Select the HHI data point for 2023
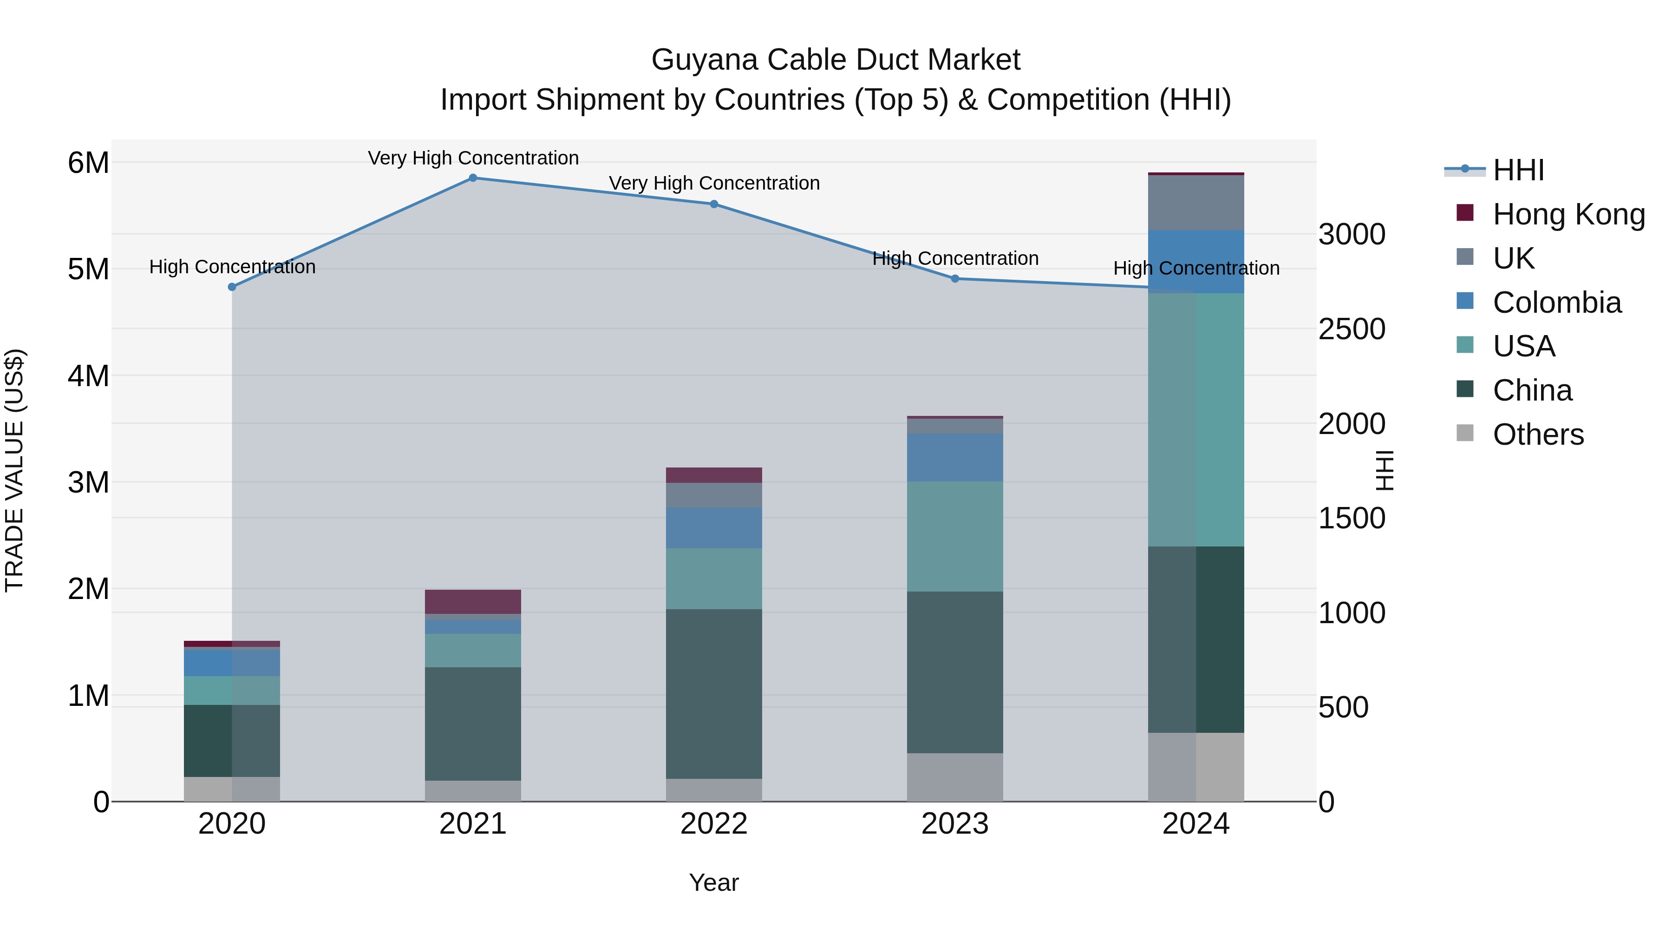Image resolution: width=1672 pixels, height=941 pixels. click(x=955, y=279)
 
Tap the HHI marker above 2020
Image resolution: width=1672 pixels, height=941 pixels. click(x=232, y=287)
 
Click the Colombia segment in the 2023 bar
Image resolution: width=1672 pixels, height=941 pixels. click(x=955, y=457)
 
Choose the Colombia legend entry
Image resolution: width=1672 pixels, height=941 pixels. click(x=1556, y=303)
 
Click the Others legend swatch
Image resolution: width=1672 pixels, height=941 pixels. click(x=1465, y=433)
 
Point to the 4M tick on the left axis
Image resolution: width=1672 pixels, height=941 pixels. click(x=88, y=376)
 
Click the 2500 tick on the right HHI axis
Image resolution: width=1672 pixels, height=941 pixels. click(x=1352, y=329)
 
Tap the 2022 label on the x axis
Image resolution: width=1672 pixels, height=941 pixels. click(x=713, y=824)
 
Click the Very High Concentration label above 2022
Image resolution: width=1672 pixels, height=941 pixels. click(x=714, y=183)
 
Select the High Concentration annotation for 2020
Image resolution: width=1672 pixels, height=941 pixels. click(x=232, y=267)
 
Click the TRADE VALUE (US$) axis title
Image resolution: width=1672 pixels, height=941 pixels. click(x=14, y=470)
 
